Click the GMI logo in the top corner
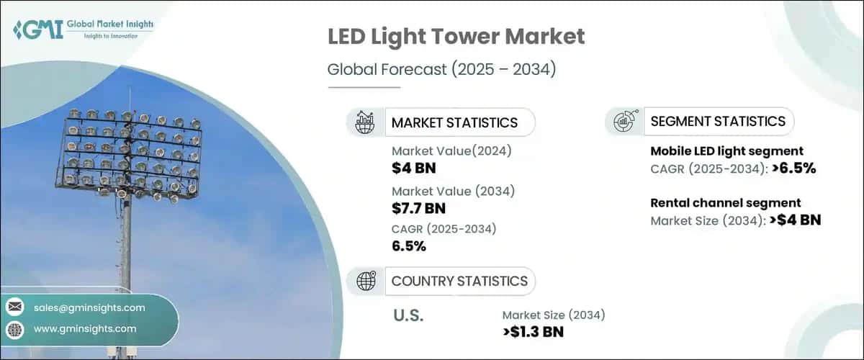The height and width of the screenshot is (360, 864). [x=83, y=30]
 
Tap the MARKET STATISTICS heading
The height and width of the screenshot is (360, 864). [x=454, y=122]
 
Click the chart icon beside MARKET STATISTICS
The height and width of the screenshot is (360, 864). [x=364, y=122]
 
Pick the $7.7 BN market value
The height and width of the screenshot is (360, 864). [x=419, y=209]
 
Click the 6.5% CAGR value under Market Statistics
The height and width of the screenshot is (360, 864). [x=409, y=246]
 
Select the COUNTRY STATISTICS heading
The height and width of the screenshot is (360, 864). [x=459, y=281]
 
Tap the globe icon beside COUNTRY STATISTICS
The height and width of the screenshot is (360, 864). [x=364, y=281]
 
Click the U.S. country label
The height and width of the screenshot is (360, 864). [x=409, y=315]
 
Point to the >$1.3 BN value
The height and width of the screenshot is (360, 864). [x=533, y=332]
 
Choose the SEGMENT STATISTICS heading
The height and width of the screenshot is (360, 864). [x=717, y=121]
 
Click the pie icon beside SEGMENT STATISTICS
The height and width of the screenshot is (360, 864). [x=624, y=121]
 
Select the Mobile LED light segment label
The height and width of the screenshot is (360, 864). [x=727, y=151]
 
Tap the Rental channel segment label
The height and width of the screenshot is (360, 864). [x=726, y=203]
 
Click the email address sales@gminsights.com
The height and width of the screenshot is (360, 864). [x=89, y=307]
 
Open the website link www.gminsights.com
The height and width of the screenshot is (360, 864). [x=85, y=329]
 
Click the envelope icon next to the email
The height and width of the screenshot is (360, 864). [x=15, y=307]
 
